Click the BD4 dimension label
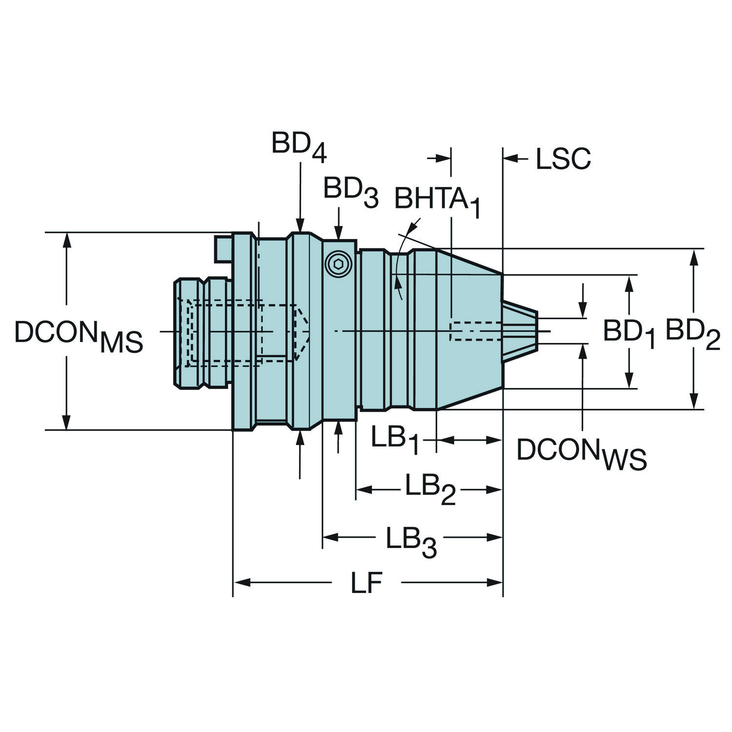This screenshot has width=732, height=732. coord(299,147)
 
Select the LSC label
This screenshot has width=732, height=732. coord(563,158)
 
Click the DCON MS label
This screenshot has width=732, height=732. coord(79,336)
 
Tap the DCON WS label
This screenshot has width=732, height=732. coord(582,454)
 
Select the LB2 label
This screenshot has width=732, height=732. coord(430,489)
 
